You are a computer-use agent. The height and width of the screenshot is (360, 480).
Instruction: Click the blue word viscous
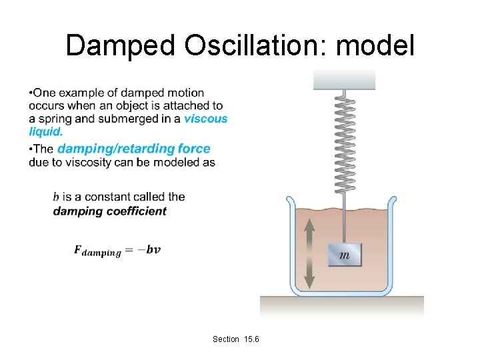coord(205,119)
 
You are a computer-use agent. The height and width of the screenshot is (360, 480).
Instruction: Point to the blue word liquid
coord(46,131)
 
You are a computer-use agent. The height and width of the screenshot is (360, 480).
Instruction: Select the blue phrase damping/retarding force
coord(133,149)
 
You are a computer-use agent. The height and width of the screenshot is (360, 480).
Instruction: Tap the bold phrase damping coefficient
coord(110,211)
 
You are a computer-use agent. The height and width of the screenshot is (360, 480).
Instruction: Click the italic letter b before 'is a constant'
coord(57,197)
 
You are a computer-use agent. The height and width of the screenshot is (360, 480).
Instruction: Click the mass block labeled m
coord(345,255)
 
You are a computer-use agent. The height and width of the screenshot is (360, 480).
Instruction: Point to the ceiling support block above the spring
coord(345,79)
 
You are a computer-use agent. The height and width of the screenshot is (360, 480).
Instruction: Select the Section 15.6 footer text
coord(235,339)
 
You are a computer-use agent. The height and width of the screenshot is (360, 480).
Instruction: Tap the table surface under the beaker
coord(341,305)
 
